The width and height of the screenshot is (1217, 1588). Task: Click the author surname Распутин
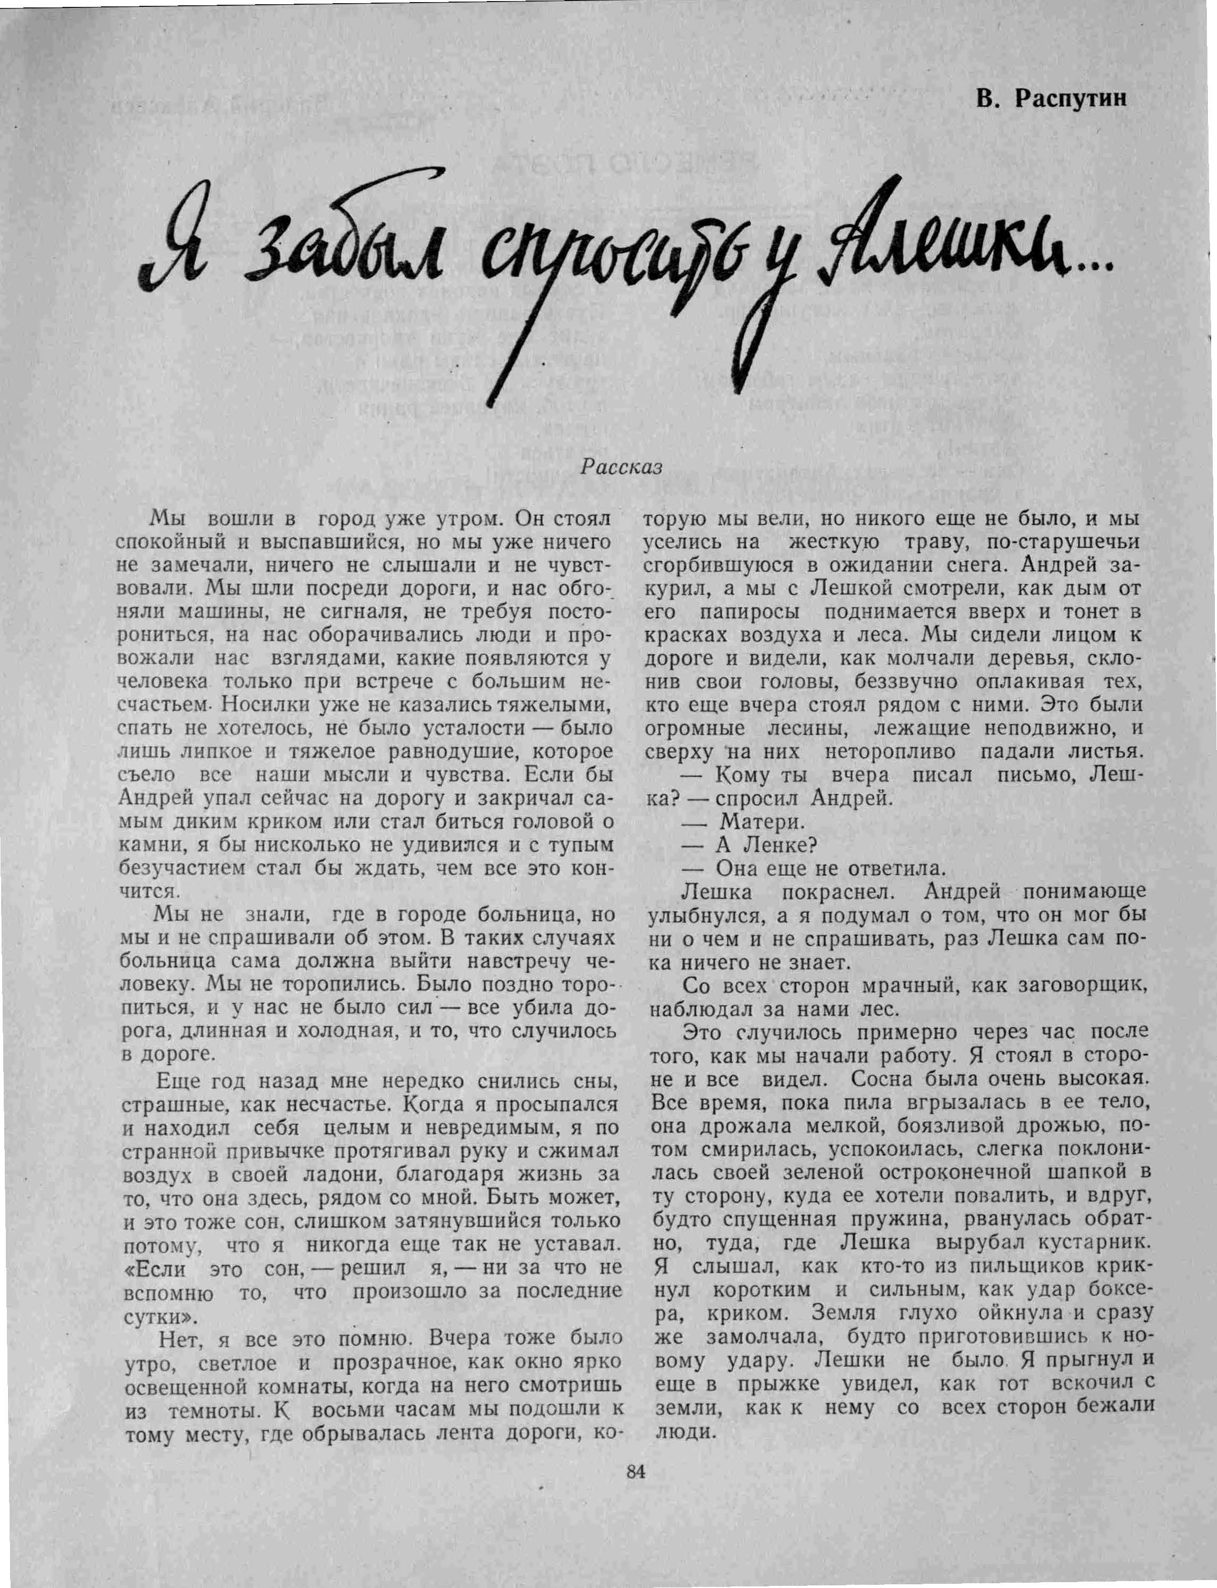[x=1071, y=98]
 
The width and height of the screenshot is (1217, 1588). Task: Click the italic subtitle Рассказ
[x=622, y=467]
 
